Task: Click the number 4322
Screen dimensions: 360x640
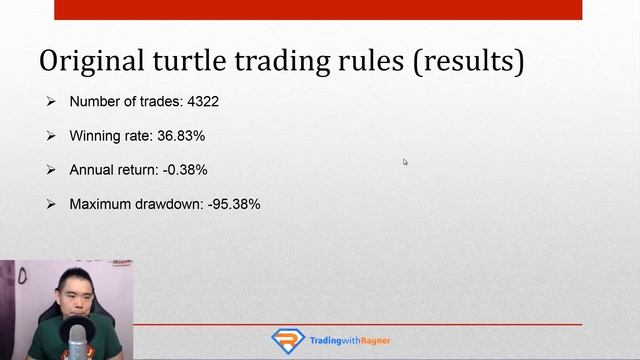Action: point(203,102)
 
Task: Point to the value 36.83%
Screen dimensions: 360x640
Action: point(181,136)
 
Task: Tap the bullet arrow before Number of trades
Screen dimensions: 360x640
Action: point(51,102)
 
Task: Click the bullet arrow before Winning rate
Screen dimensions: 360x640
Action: point(51,136)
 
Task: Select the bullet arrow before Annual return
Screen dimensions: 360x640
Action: point(51,170)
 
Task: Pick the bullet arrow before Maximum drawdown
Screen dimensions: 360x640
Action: point(51,204)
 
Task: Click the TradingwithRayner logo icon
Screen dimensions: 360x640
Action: point(288,341)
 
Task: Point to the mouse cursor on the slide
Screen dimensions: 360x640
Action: point(405,161)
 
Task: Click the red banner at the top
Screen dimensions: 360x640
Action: point(317,9)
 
